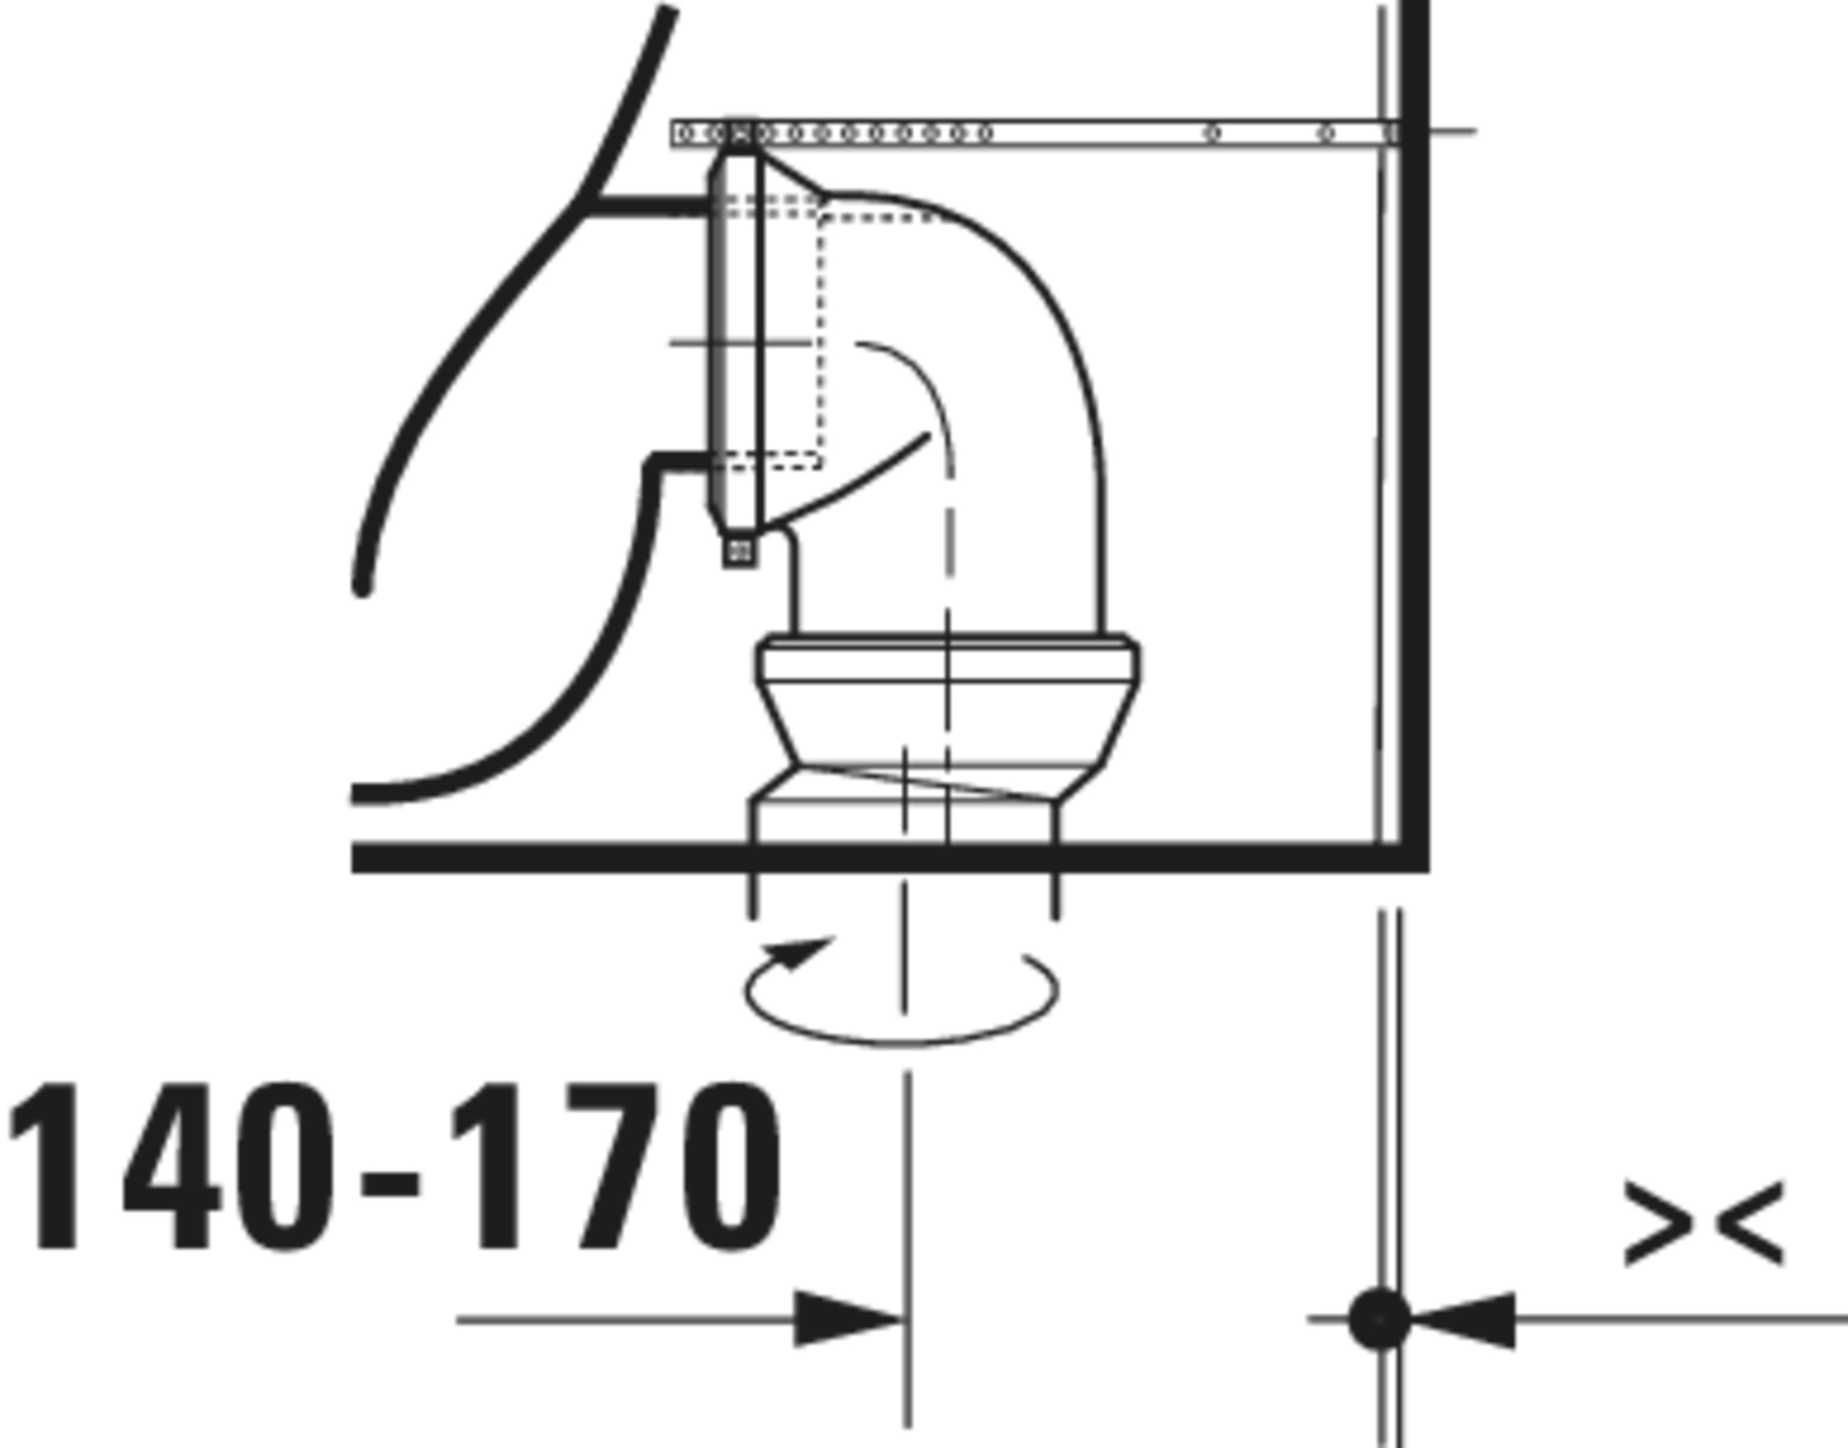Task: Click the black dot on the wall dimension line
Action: point(1379,1319)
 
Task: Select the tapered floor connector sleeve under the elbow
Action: point(946,720)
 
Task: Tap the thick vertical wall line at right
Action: point(1414,424)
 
